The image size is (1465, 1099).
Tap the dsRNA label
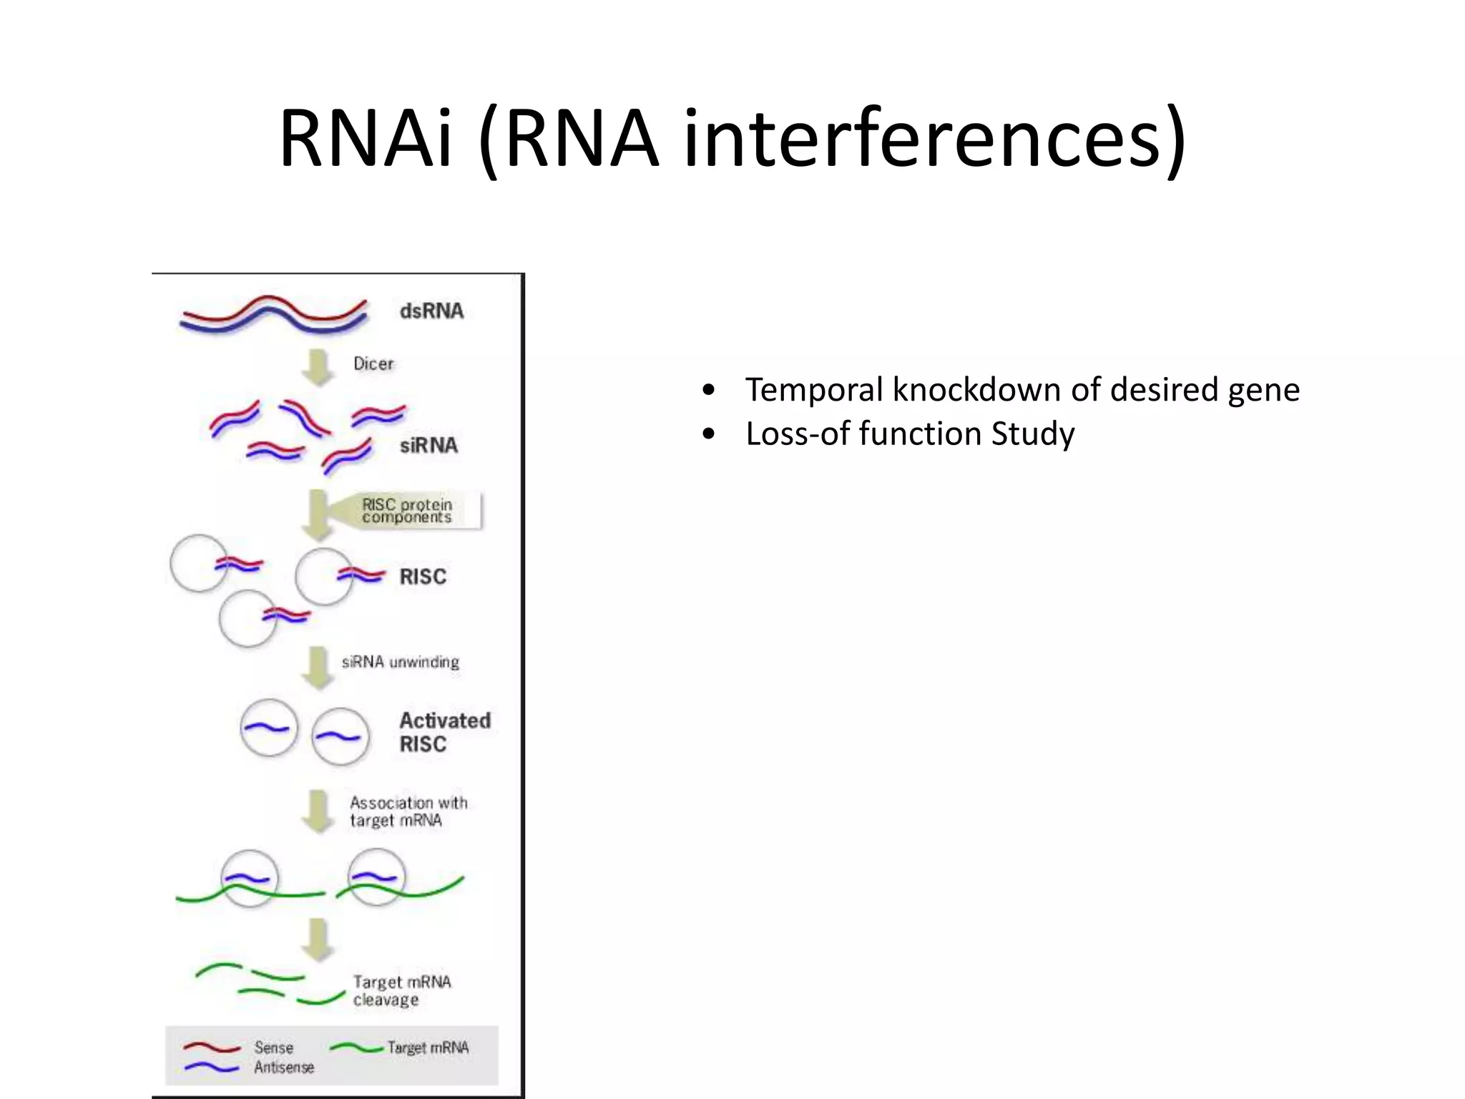431,311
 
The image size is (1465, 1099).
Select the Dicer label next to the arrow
373,363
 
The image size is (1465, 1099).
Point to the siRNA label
428,446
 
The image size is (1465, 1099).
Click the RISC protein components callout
407,511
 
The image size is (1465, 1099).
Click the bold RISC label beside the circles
423,577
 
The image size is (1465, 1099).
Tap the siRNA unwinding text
401,662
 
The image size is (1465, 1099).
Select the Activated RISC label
444,732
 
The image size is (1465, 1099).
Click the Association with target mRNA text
408,811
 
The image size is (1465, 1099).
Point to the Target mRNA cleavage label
401,990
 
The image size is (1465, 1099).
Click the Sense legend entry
273,1047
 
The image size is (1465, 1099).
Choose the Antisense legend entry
284,1067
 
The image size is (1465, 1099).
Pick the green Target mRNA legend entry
428,1047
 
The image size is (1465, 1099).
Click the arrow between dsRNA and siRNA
318,367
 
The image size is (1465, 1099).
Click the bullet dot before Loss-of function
708,434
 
